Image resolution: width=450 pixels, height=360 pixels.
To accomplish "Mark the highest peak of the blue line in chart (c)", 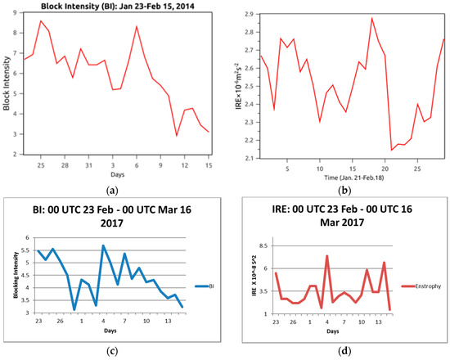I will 103,245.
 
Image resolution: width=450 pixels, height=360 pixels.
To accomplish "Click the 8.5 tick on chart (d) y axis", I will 261,245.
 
